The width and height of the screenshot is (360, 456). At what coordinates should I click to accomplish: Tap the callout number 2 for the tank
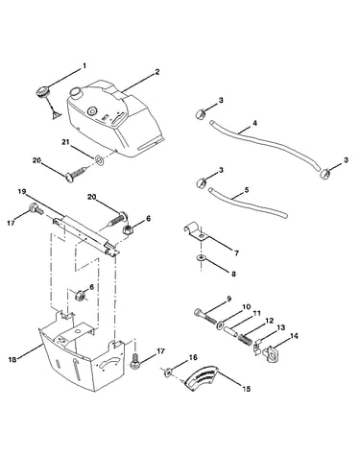(x=156, y=72)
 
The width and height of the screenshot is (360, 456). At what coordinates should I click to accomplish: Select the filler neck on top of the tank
(x=77, y=92)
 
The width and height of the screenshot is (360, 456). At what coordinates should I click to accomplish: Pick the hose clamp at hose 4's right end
(x=325, y=173)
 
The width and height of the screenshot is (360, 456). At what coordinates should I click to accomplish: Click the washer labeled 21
(x=100, y=159)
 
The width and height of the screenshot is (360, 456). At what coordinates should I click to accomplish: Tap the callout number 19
(x=21, y=192)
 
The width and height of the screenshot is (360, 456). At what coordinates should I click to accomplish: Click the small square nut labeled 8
(x=200, y=258)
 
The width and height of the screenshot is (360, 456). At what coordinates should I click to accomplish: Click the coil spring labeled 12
(x=246, y=338)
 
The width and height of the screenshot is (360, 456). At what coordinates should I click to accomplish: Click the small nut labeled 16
(x=168, y=372)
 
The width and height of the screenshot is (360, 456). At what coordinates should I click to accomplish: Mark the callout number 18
(x=12, y=360)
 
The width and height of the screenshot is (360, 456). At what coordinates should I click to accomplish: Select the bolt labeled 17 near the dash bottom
(x=135, y=362)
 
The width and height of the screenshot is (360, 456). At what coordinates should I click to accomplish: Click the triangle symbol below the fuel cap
(x=56, y=115)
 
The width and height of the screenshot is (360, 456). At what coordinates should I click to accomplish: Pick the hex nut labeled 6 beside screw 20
(x=129, y=229)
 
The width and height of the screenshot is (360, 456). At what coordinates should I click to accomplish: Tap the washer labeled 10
(x=220, y=325)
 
